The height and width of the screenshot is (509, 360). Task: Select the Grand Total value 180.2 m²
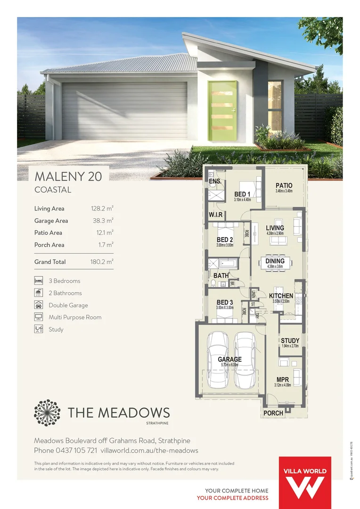[x=102, y=262]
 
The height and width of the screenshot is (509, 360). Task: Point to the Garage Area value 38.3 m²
[x=103, y=221]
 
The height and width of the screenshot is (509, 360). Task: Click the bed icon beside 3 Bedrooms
[x=39, y=281]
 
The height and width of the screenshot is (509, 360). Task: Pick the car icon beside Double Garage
[x=39, y=305]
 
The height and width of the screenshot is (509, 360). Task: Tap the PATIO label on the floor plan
[x=284, y=186]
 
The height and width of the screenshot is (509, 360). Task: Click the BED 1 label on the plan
[x=242, y=194]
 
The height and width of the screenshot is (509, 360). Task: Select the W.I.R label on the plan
[x=215, y=215]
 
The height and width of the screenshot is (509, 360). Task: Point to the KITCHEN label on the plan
[x=281, y=296]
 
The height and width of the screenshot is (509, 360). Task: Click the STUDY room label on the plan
[x=290, y=341]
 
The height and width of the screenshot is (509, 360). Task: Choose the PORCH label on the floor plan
[x=273, y=413]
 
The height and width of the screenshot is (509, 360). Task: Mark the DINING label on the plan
[x=275, y=261]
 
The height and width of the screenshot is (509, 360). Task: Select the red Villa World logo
[x=305, y=482]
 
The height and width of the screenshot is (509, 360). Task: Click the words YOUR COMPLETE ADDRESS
[x=232, y=498]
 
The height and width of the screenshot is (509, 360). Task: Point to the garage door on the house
[x=124, y=111]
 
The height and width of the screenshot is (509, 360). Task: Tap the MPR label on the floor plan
[x=282, y=379]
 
